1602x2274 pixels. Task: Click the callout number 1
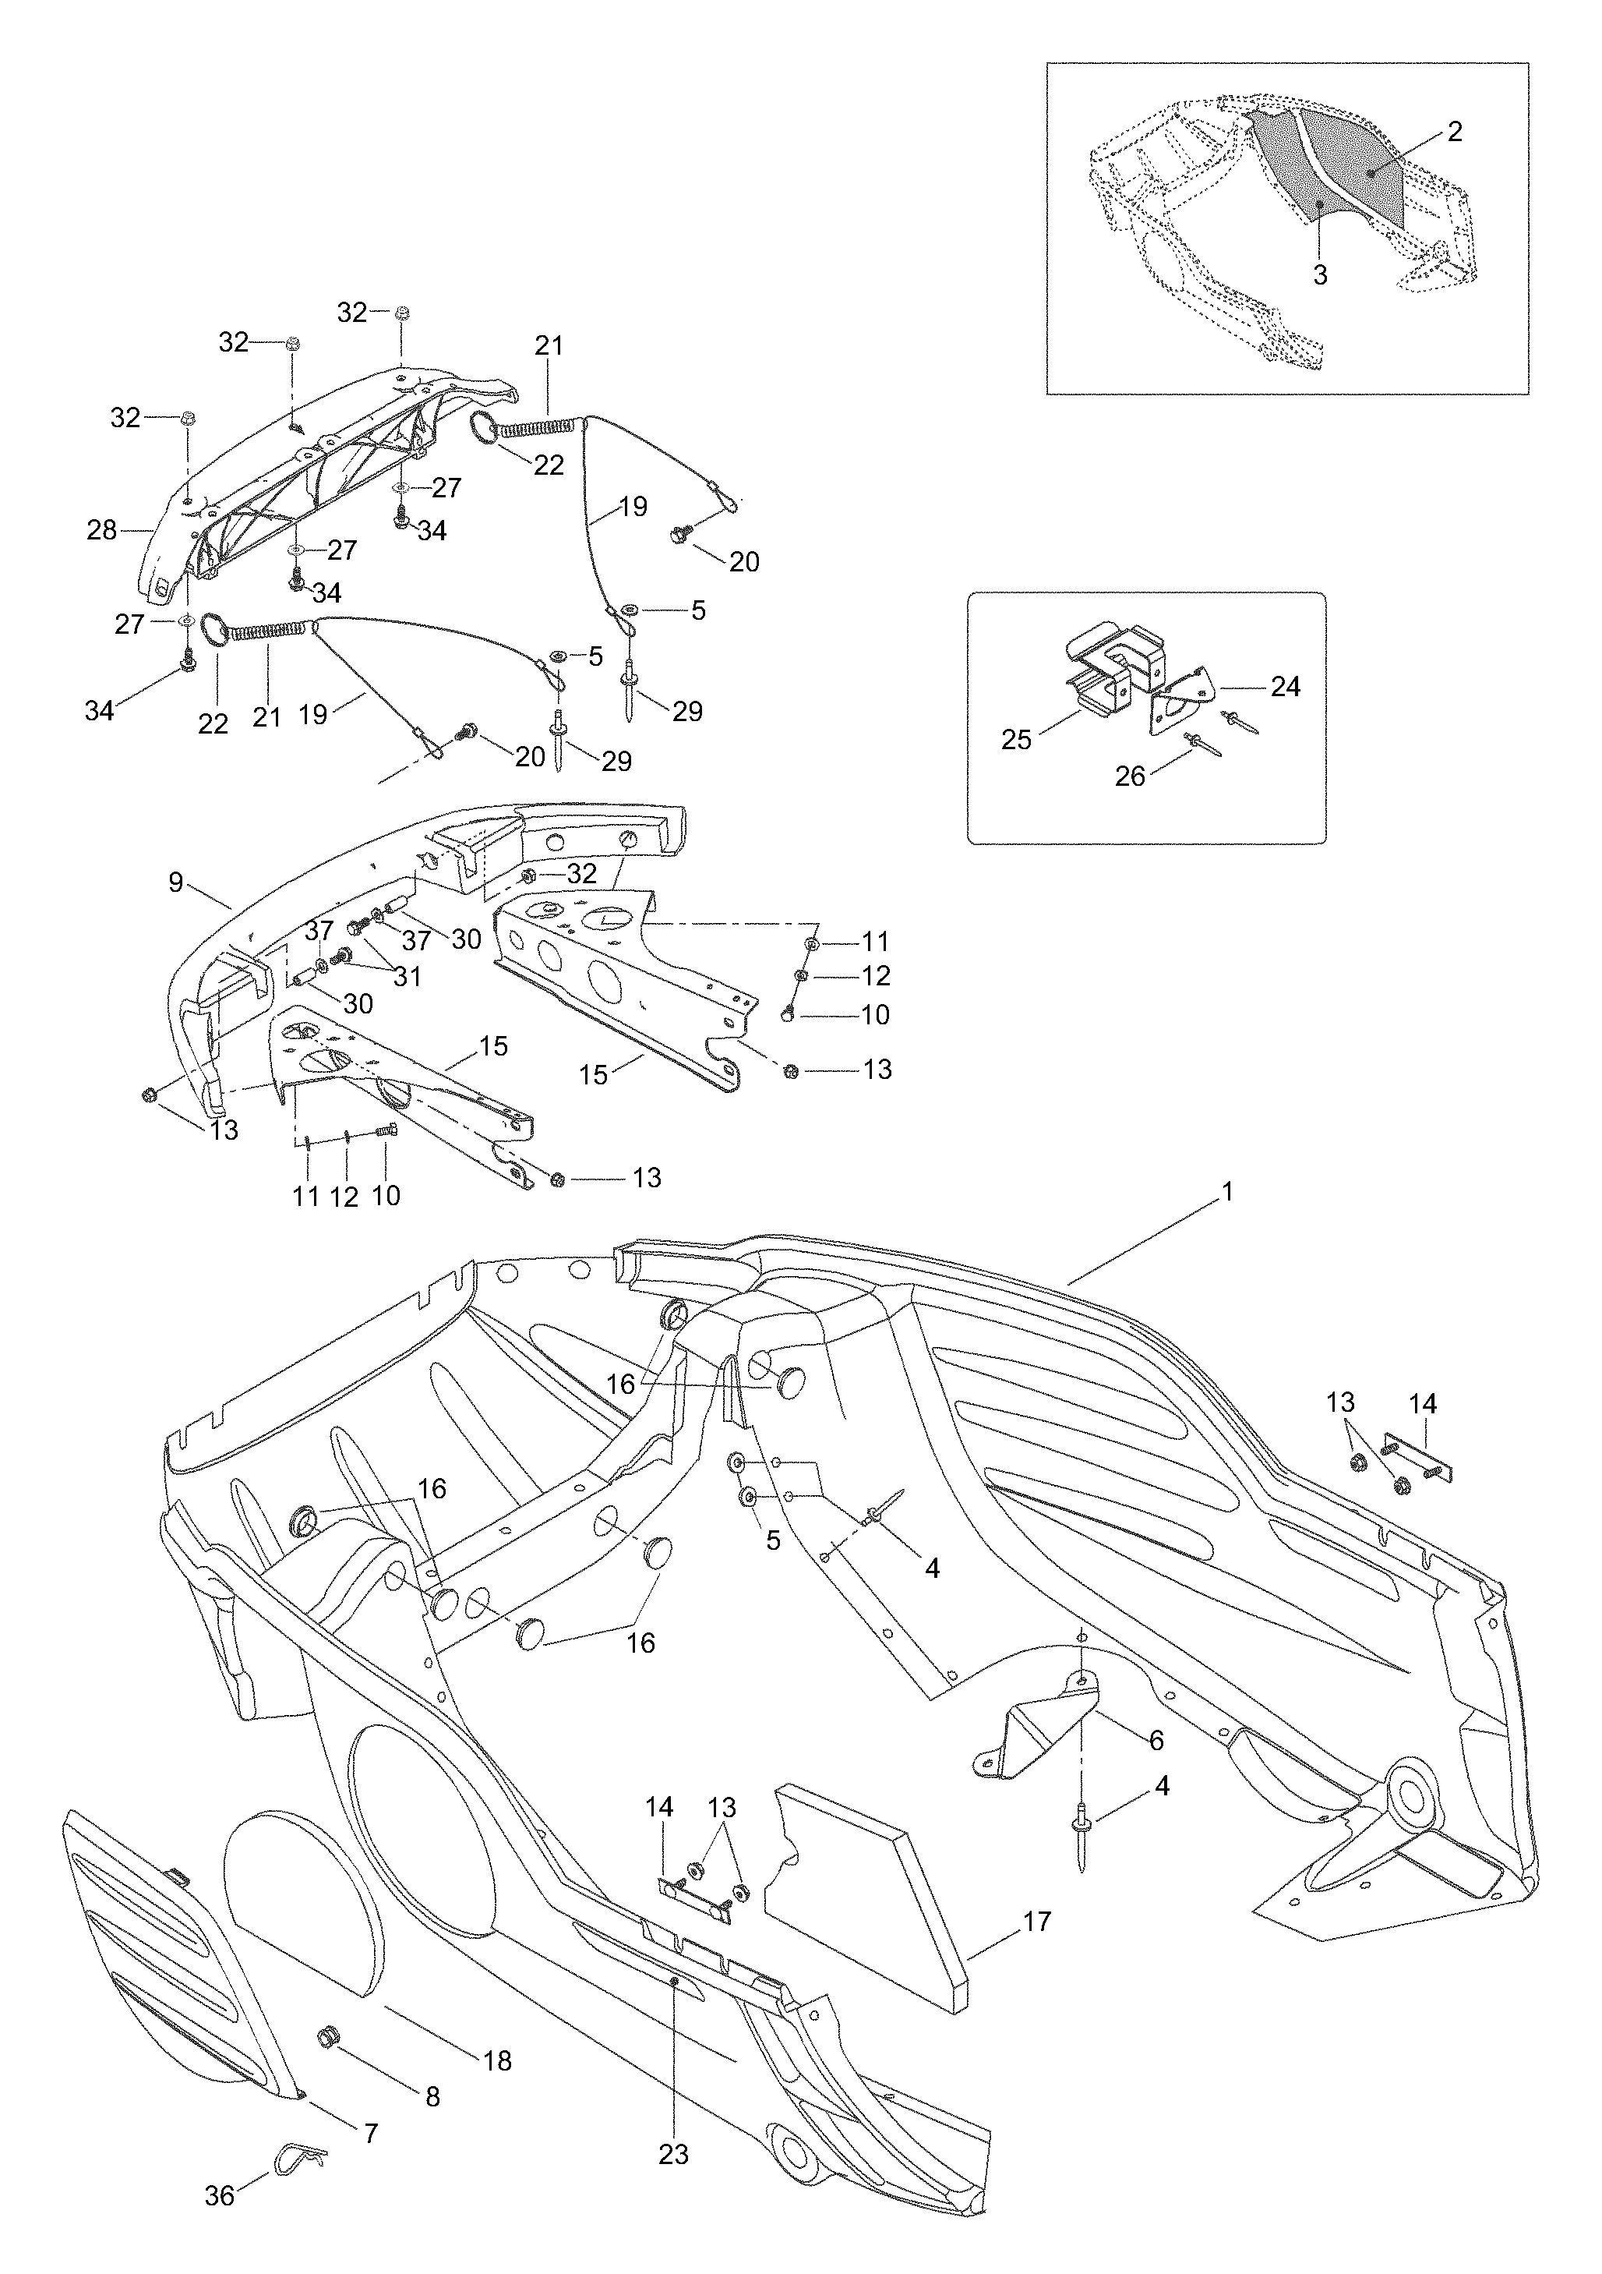(1228, 1193)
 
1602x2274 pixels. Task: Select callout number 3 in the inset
(1320, 274)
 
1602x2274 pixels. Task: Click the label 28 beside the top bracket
(102, 531)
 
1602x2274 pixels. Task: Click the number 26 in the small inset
(1130, 776)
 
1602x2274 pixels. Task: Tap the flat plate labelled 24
(1180, 700)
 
